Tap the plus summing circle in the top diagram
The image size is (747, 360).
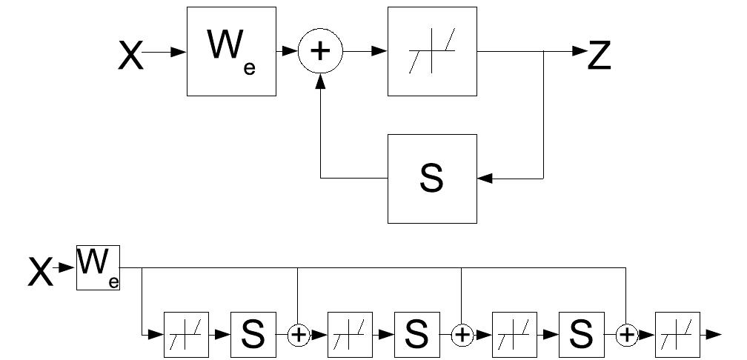pos(320,53)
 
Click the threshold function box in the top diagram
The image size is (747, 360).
pos(432,52)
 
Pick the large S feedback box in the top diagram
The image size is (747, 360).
pos(432,179)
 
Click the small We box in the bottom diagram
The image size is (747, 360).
pos(98,268)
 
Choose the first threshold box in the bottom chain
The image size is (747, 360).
pos(187,335)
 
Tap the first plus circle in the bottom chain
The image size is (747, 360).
pos(298,335)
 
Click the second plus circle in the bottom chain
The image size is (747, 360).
pos(462,335)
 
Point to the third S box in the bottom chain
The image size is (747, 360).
pos(582,335)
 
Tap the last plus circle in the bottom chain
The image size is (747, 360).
pos(628,335)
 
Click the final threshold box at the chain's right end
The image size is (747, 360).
pos(677,335)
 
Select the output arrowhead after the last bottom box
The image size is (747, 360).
pos(714,335)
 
